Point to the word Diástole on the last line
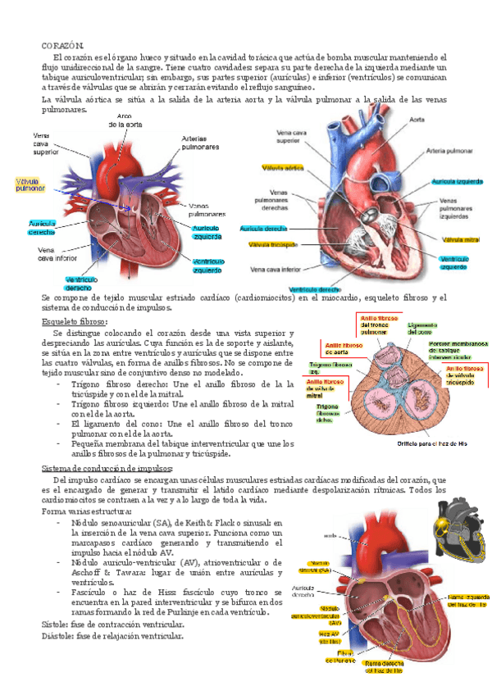pos(58,635)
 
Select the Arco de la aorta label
pos(125,120)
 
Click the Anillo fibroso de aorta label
pos(344,350)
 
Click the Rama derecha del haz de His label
pos(383,665)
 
